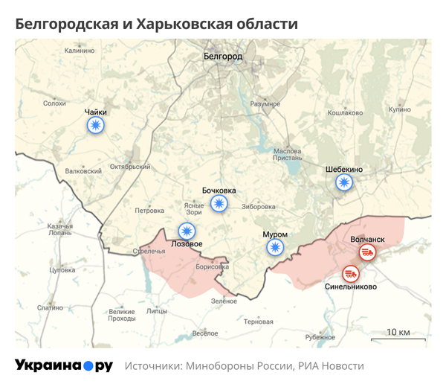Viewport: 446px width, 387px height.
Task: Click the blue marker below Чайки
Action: point(95,126)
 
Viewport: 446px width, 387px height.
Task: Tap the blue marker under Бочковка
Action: point(219,203)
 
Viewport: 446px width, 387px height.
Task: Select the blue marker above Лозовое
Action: point(187,231)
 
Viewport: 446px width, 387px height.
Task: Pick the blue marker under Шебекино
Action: point(343,182)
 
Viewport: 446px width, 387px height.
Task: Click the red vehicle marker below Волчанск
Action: point(367,253)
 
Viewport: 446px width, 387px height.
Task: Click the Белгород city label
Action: point(223,56)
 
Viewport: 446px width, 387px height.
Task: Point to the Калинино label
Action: point(80,51)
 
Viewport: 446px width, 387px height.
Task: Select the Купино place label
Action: point(398,109)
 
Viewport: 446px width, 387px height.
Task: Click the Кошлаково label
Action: point(345,113)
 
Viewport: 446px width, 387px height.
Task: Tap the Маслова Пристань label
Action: point(288,153)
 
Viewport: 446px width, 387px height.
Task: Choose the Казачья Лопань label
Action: point(59,229)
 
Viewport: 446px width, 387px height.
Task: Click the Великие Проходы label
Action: point(121,314)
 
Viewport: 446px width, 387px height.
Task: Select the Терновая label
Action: point(259,322)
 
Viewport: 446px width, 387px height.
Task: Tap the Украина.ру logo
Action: point(64,365)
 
